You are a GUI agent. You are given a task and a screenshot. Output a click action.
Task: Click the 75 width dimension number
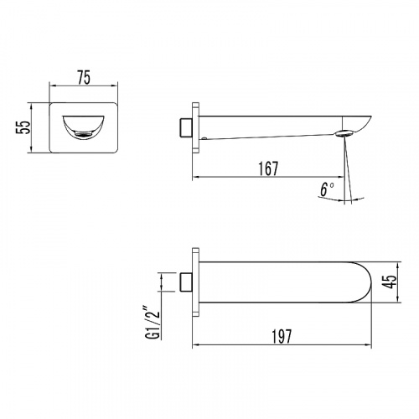click(84, 77)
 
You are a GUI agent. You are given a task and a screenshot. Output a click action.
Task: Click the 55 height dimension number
click(23, 127)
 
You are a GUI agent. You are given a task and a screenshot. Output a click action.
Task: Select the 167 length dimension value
click(268, 168)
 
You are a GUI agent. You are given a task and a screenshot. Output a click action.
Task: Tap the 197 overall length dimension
click(282, 336)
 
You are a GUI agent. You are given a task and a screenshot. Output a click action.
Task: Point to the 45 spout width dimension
click(390, 282)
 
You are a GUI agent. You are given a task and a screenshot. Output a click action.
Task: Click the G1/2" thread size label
click(153, 323)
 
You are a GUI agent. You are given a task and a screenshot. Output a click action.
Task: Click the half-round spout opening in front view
click(83, 127)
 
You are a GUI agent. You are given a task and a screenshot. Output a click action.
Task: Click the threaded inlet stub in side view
click(185, 128)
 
